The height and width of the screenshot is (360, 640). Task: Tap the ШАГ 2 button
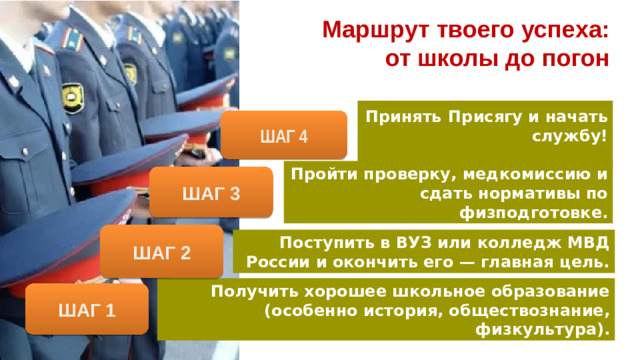coord(160,251)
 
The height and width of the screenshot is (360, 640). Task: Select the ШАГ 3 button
coord(210,192)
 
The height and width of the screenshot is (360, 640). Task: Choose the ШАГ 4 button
coord(284,135)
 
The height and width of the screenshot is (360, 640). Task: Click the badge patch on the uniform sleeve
coord(73,97)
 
